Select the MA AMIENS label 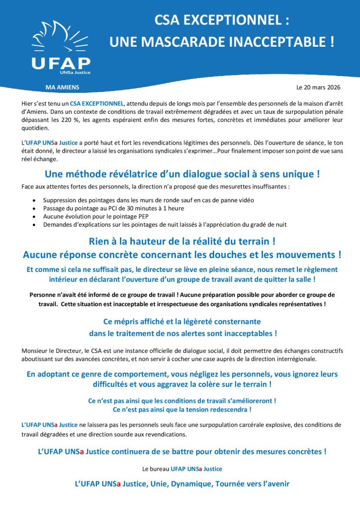[x=62, y=87]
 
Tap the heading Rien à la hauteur [x=182, y=242]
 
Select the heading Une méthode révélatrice [x=182, y=174]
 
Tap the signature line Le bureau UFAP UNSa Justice [x=182, y=468]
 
